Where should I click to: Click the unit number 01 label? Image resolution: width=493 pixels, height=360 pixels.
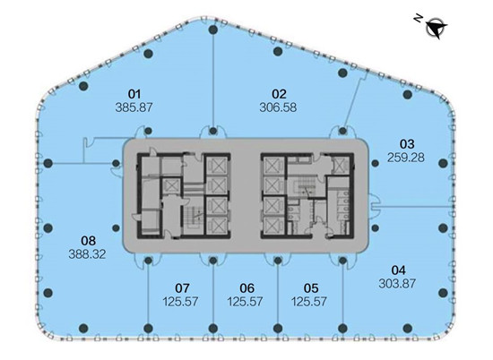click(134, 94)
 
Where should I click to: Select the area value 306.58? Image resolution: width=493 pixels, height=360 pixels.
click(278, 107)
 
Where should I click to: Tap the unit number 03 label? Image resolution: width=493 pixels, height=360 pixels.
click(407, 144)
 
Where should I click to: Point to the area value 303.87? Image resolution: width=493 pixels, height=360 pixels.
click(397, 284)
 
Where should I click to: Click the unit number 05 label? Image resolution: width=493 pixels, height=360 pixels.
click(311, 288)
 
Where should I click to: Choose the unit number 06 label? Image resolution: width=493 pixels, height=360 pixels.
click(246, 288)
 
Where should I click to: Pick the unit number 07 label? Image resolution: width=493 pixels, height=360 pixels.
click(182, 288)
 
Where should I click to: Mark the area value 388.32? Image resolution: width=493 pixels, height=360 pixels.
click(87, 254)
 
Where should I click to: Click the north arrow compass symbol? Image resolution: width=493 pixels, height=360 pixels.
click(437, 28)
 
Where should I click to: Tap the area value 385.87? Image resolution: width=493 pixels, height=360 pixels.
click(134, 107)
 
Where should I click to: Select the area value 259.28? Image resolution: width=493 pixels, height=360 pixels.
click(405, 158)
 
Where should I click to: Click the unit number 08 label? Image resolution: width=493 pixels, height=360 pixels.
click(89, 241)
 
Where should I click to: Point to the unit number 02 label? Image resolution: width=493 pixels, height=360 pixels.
click(279, 94)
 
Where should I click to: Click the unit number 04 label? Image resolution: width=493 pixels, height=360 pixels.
click(398, 270)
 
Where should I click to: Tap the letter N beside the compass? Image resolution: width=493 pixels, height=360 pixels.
click(418, 19)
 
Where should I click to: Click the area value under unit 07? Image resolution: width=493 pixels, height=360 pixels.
click(180, 302)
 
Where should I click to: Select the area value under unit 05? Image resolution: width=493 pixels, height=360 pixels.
click(309, 302)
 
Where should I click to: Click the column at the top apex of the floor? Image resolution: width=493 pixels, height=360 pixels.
click(213, 30)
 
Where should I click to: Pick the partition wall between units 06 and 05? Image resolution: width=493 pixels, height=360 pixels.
click(278, 295)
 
